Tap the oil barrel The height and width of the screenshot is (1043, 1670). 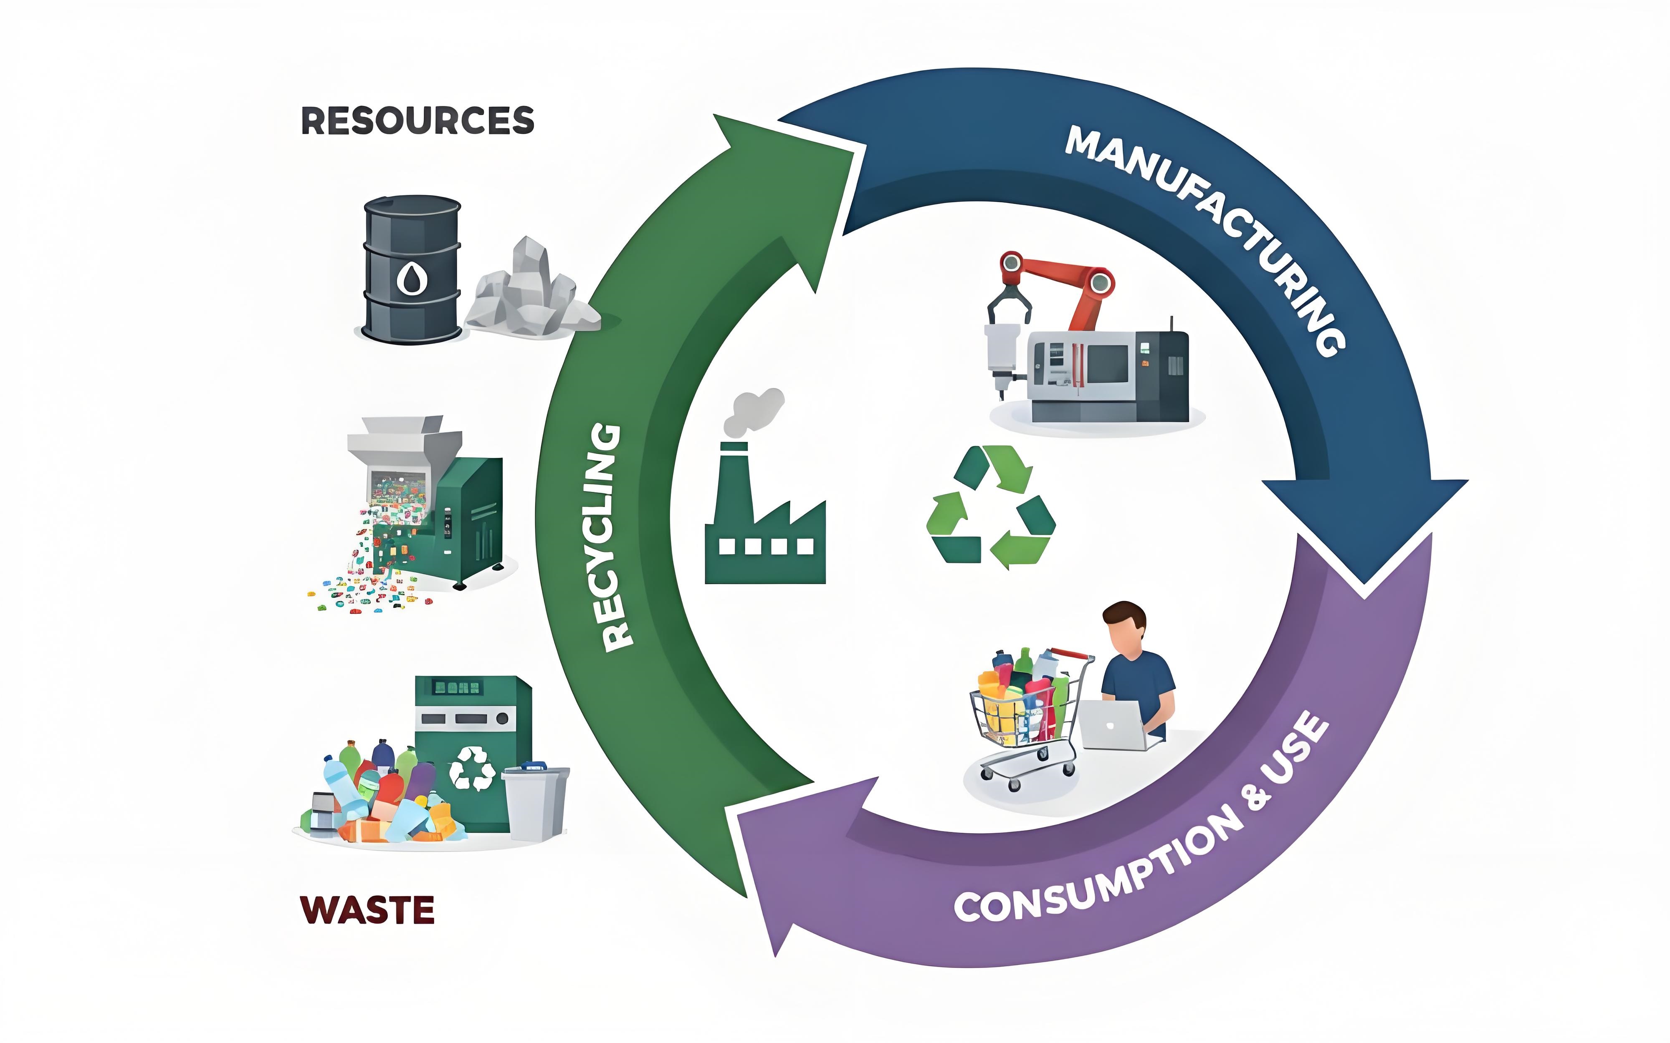tap(412, 269)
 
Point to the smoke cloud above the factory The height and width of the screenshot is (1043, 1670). tap(756, 411)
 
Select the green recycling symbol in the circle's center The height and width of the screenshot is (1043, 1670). tap(990, 507)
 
